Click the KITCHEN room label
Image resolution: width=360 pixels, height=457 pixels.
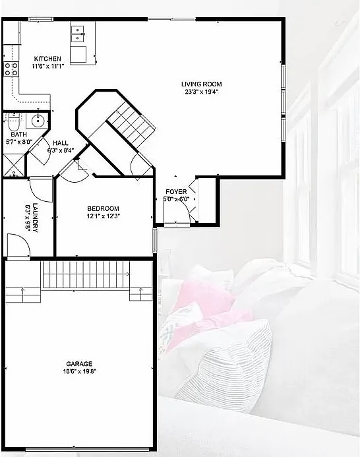click(47, 59)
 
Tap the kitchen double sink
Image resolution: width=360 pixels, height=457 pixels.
click(78, 30)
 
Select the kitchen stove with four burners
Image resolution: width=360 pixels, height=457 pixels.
click(11, 69)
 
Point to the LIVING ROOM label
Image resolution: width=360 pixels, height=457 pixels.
click(201, 84)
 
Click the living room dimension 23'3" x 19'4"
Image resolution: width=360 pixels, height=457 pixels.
click(201, 92)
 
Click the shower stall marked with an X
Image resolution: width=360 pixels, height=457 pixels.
click(12, 162)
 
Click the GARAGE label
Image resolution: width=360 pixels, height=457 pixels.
click(79, 363)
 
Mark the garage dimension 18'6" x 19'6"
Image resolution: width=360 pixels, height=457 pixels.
click(79, 371)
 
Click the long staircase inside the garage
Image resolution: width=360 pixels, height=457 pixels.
click(87, 274)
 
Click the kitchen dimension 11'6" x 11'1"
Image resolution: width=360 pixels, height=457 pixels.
click(47, 66)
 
